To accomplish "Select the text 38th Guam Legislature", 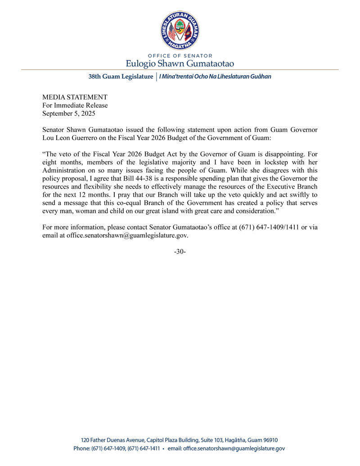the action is (x=121, y=77).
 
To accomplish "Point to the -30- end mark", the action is (x=180, y=251).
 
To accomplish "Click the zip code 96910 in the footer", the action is (x=275, y=440).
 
